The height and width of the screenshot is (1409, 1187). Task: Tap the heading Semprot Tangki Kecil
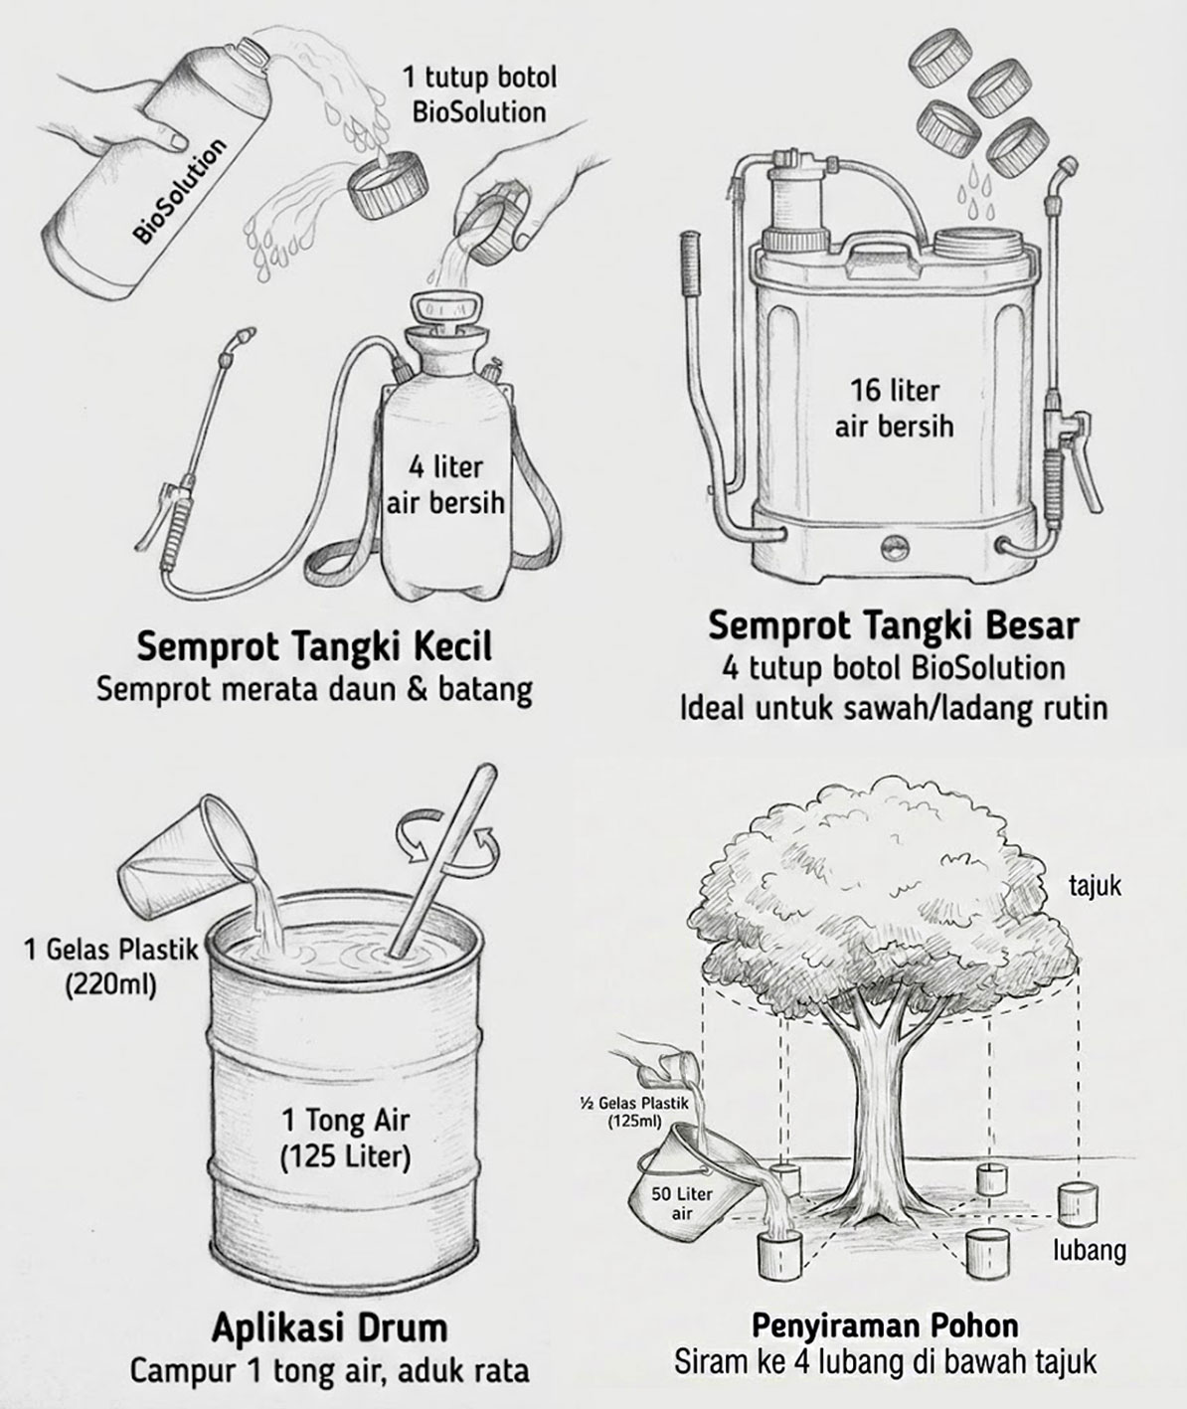tap(313, 647)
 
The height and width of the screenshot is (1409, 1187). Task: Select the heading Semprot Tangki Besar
tap(893, 626)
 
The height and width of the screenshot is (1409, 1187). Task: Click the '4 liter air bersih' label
tap(445, 484)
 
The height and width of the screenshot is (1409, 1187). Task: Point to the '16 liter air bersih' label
tap(894, 408)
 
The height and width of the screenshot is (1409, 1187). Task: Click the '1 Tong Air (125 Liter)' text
tap(345, 1137)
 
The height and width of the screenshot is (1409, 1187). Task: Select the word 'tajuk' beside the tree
tap(1095, 884)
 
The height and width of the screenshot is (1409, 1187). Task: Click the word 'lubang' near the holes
tap(1090, 1250)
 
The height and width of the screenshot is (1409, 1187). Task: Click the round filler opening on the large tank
tap(976, 243)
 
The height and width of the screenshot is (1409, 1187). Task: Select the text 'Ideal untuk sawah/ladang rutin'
tap(893, 709)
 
